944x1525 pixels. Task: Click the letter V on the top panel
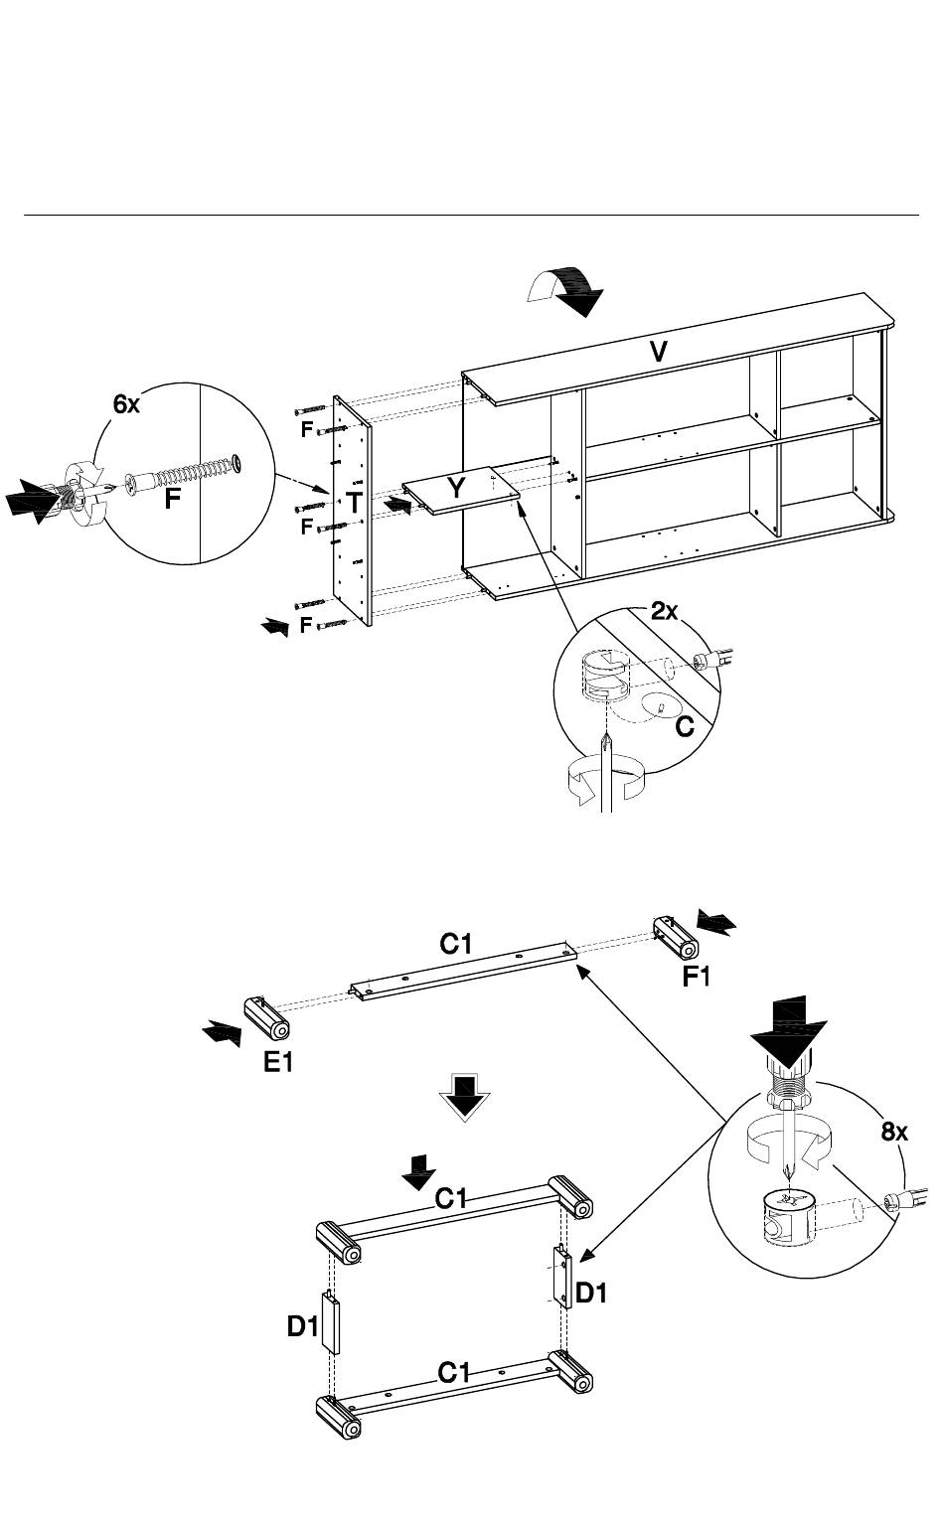pos(659,352)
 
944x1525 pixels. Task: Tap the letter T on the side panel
pos(354,503)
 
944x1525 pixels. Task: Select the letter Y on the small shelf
pos(456,487)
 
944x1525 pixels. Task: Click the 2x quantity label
pos(664,611)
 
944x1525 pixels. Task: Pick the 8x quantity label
pos(894,1132)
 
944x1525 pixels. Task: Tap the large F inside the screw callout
pos(172,499)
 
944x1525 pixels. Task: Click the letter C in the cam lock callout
pos(685,726)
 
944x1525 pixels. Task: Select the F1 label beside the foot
pos(697,977)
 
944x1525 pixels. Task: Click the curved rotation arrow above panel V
pos(565,291)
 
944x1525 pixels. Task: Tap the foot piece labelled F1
pos(675,939)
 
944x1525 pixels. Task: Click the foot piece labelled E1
pos(266,1018)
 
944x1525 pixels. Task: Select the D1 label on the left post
pos(302,1325)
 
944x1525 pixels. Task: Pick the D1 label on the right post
pos(590,1293)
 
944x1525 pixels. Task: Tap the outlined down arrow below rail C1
pos(464,1097)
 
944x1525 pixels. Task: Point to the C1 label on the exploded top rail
pos(456,944)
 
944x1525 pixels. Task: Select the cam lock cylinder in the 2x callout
pos(605,678)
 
